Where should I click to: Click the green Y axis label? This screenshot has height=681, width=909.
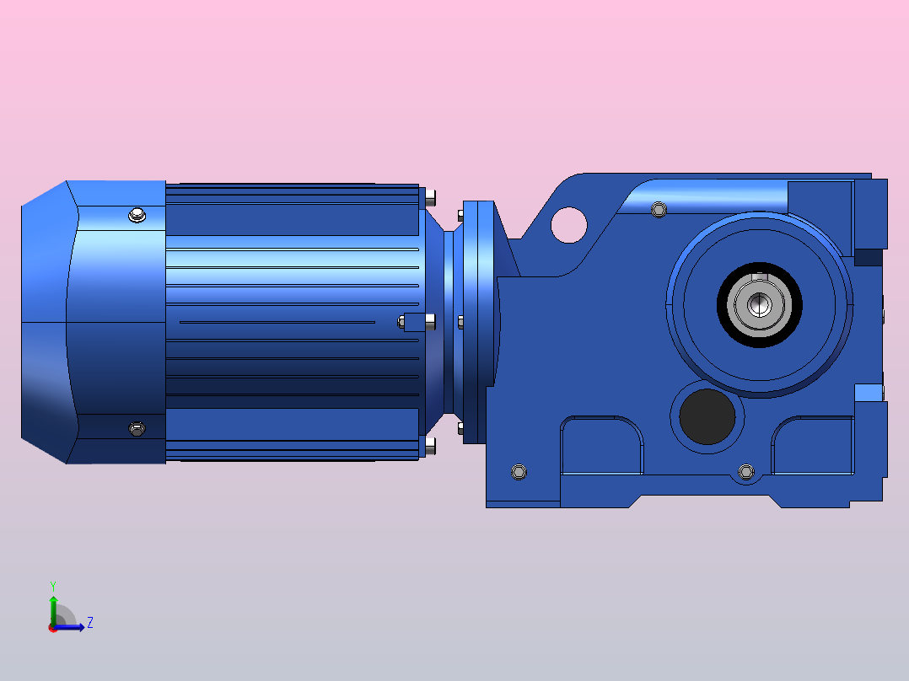tap(53, 587)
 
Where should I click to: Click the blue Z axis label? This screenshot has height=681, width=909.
tap(90, 623)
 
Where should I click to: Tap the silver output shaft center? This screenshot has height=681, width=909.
tap(759, 305)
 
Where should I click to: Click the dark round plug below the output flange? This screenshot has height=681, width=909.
tap(707, 416)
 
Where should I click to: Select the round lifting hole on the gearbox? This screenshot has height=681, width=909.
tap(568, 225)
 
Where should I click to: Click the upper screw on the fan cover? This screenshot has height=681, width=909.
tap(137, 215)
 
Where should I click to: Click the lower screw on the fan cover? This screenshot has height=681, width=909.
tap(137, 429)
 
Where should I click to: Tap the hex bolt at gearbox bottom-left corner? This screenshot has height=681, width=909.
tap(519, 472)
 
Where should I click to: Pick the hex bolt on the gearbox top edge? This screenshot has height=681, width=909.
tap(659, 209)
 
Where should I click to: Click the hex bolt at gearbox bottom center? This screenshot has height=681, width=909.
tap(746, 472)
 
